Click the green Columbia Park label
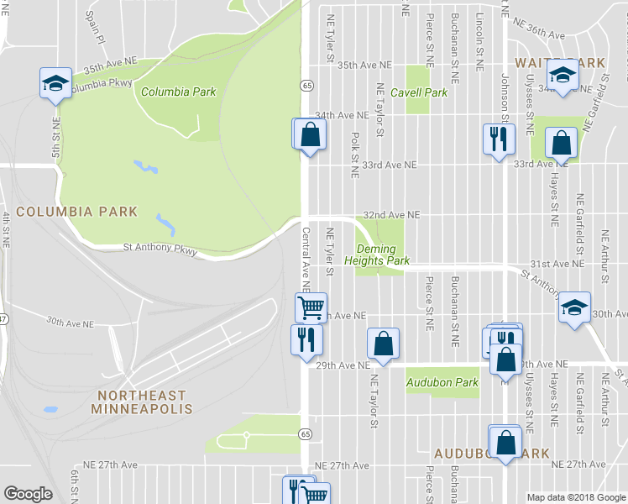click(178, 92)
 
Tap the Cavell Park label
click(425, 92)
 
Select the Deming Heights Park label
click(382, 255)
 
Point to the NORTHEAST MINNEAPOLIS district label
click(144, 402)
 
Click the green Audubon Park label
click(442, 382)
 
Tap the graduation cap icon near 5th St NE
click(55, 82)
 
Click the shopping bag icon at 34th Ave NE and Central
click(309, 134)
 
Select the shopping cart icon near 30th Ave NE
click(311, 307)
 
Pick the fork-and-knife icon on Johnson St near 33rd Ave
click(500, 138)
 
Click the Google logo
click(28, 494)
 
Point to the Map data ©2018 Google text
click(576, 497)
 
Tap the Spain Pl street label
click(94, 27)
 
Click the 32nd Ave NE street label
click(390, 215)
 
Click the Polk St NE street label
click(355, 148)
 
